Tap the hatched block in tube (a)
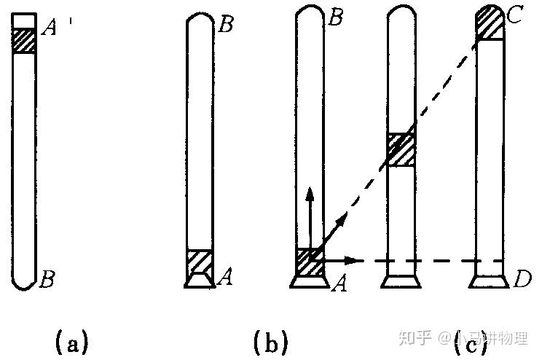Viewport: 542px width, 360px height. coord(25,39)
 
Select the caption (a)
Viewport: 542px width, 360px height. coord(71,341)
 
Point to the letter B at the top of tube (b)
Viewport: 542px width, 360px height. coord(226,26)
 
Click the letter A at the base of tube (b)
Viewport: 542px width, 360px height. coord(226,276)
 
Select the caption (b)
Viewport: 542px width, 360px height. coord(270,341)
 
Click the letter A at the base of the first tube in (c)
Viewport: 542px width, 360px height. coord(338,284)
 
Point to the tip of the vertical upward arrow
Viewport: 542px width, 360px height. coord(310,190)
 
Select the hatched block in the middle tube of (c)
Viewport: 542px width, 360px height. coord(400,150)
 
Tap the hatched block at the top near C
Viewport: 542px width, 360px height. coord(488,24)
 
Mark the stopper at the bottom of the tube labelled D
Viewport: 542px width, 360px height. coord(488,281)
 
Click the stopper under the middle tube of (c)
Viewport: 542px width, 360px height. coord(400,281)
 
